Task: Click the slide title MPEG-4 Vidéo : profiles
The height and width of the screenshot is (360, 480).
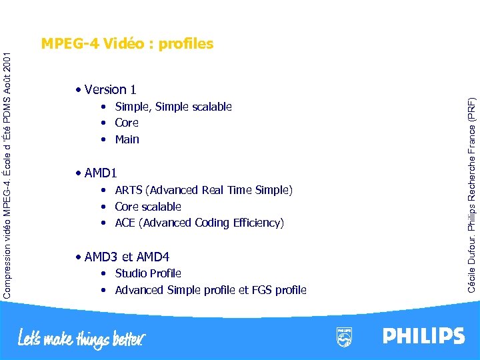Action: click(127, 44)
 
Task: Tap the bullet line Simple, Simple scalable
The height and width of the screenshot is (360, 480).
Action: click(173, 107)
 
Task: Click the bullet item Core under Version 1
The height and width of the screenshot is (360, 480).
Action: click(127, 123)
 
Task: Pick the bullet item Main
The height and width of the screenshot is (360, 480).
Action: click(127, 139)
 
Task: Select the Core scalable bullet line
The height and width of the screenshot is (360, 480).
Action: click(147, 207)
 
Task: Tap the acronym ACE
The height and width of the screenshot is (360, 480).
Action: click(125, 223)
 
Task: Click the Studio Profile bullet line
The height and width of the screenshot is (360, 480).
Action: click(147, 273)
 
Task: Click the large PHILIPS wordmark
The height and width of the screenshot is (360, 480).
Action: click(423, 335)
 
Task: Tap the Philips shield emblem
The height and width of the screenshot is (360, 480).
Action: click(344, 337)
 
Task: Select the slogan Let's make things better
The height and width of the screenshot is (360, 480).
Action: click(81, 338)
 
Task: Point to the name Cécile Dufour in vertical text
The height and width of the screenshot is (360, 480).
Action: click(471, 263)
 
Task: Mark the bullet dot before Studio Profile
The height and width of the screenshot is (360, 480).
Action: click(104, 274)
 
